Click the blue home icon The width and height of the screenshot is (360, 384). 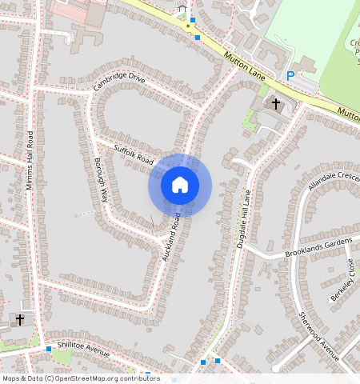click(180, 185)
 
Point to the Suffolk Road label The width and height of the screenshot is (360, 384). click(133, 154)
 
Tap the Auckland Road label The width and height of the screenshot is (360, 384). click(169, 238)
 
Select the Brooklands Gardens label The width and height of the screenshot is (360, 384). click(318, 247)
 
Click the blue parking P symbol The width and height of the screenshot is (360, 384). click(290, 76)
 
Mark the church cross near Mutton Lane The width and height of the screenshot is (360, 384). click(276, 104)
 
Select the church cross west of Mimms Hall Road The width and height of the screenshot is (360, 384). click(20, 319)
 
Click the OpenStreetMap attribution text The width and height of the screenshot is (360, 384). click(80, 378)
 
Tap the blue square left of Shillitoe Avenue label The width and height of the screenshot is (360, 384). click(50, 350)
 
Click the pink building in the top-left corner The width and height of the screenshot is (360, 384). click(80, 11)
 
